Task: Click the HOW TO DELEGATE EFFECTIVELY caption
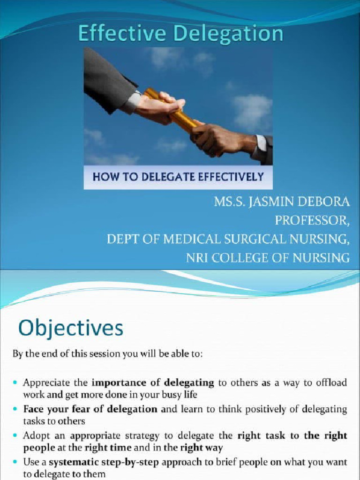(x=178, y=177)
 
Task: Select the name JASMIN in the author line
(x=272, y=203)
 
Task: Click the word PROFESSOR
(x=312, y=221)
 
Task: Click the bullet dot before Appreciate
(x=16, y=383)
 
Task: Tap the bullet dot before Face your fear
(x=16, y=410)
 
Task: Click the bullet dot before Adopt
(x=16, y=436)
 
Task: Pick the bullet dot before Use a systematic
(x=16, y=462)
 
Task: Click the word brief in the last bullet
(x=201, y=462)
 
